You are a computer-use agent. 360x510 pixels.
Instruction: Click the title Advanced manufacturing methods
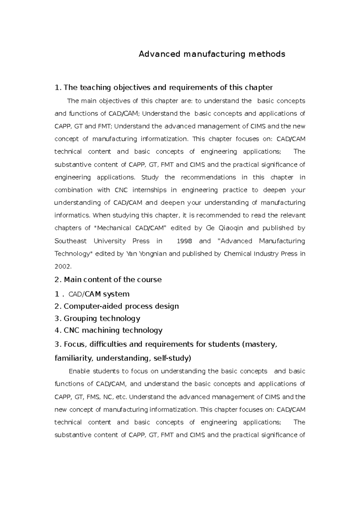tap(211, 54)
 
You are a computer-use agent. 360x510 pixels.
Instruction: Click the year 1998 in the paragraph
tap(183, 241)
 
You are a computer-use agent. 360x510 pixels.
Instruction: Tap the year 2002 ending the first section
tap(63, 267)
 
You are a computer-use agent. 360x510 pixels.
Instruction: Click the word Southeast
tap(70, 241)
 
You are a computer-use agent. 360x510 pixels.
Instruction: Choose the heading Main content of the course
tap(112, 280)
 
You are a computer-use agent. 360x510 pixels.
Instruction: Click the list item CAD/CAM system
tap(99, 294)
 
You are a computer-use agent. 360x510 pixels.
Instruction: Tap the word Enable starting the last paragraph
tap(79, 371)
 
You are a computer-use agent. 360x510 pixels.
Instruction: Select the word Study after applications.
tap(150, 177)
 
